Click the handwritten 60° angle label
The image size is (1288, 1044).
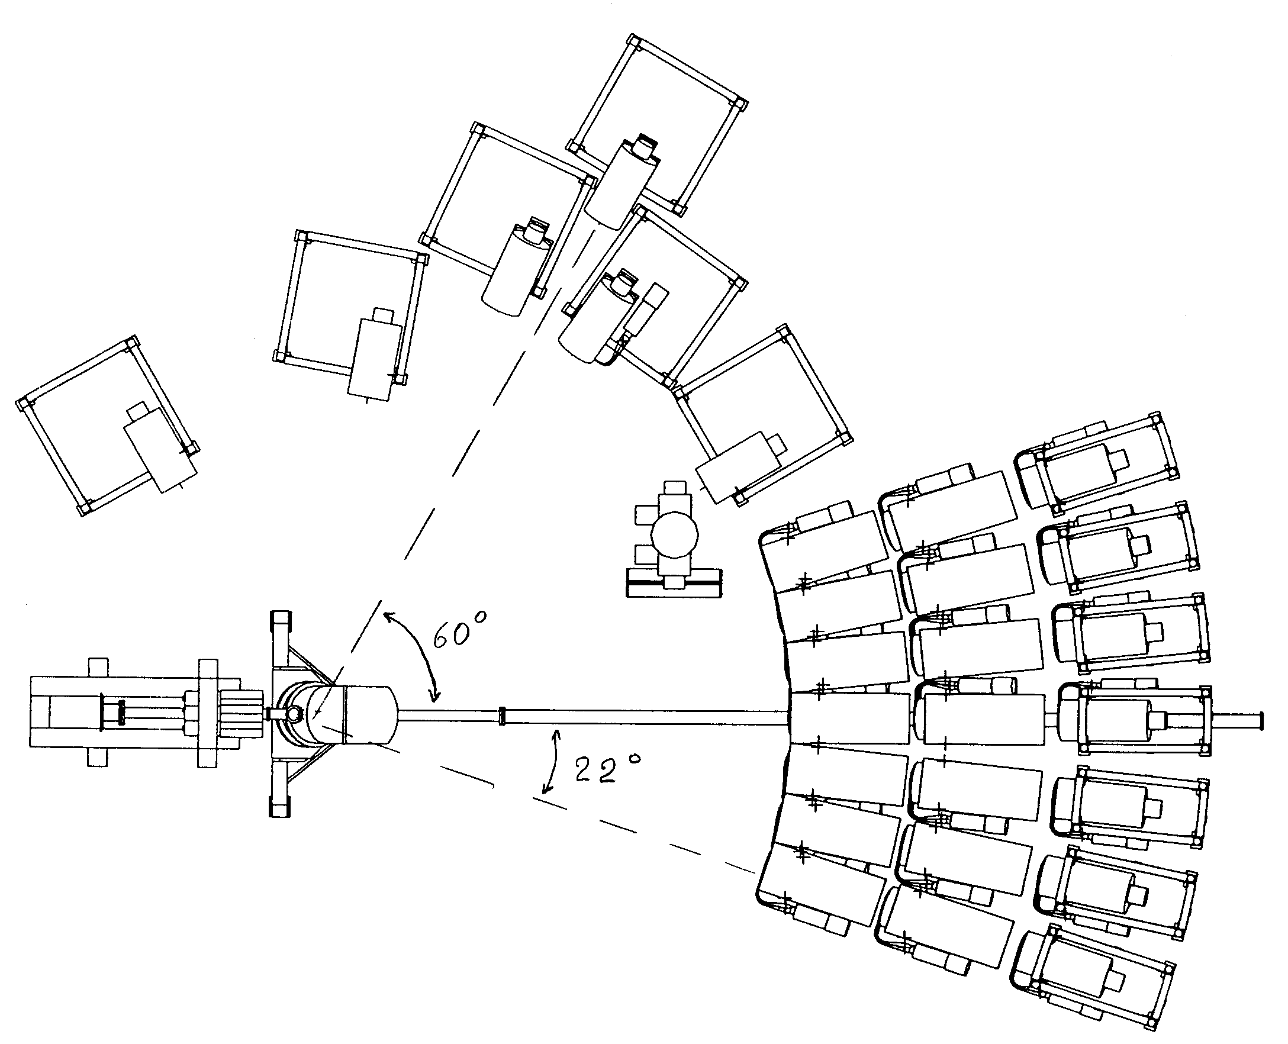[x=460, y=630]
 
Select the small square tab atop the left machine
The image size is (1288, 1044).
[x=100, y=667]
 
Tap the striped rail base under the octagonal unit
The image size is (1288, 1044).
[x=674, y=583]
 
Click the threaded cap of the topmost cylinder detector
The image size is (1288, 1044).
[x=645, y=148]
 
